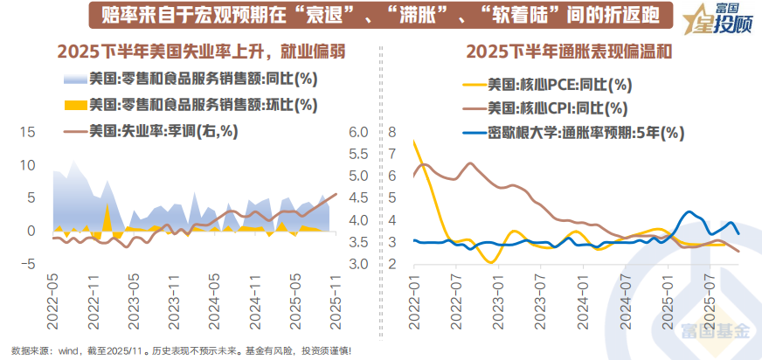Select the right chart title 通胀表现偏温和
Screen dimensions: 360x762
point(569,52)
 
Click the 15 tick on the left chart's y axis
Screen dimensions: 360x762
point(27,133)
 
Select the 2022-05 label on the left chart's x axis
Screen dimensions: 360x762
point(52,299)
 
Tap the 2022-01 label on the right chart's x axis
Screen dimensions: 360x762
point(414,299)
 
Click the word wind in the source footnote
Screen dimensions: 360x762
point(68,351)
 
